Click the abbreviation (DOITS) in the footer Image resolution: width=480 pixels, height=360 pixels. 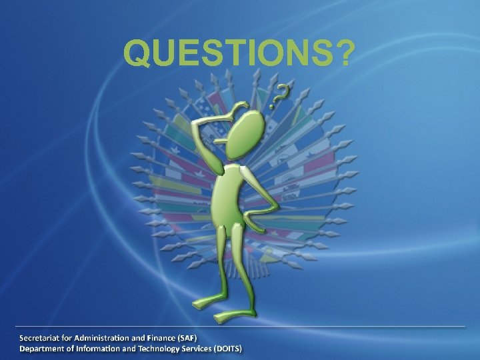point(227,349)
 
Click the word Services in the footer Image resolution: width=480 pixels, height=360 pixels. point(189,349)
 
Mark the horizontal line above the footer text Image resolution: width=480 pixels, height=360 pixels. point(240,326)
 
